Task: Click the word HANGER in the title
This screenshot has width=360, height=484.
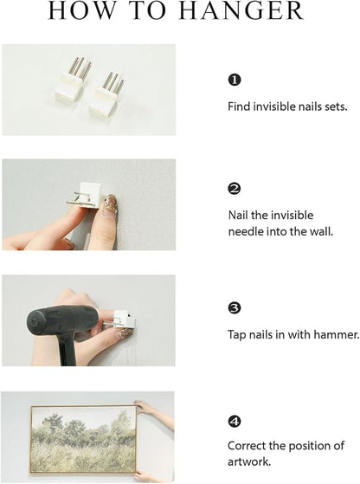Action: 241,11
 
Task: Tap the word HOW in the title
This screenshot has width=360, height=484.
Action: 81,11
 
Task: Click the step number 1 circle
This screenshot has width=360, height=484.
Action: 235,80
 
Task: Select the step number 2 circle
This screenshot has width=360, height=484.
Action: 235,189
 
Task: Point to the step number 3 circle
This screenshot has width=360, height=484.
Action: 235,307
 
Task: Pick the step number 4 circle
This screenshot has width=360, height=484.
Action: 235,422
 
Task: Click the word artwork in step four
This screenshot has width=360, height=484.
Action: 249,462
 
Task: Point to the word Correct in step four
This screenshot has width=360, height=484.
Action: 247,446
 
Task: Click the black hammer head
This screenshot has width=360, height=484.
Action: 62,322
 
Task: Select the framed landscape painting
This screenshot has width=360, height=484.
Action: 84,440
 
